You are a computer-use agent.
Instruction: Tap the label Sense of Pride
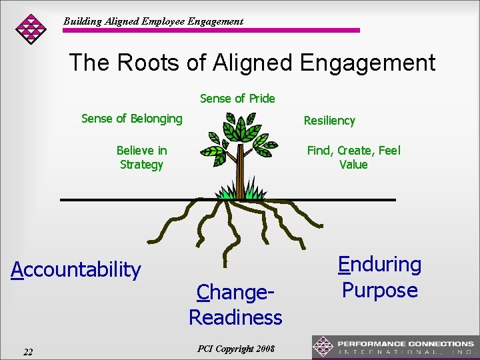tap(237, 99)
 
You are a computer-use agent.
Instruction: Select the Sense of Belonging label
tap(131, 119)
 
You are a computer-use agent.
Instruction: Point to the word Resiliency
tap(329, 121)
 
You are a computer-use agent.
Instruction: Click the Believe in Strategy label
tap(141, 157)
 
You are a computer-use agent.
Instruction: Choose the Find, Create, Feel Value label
tap(353, 157)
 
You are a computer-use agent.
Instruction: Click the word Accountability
tap(77, 269)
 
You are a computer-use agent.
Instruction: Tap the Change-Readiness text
tap(235, 305)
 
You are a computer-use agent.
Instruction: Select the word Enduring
tap(379, 265)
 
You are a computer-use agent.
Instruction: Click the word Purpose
tap(379, 291)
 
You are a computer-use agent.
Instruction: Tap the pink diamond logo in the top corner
tap(31, 28)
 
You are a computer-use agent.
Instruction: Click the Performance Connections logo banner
tap(395, 347)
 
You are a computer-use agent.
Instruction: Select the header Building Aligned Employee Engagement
tap(153, 21)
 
